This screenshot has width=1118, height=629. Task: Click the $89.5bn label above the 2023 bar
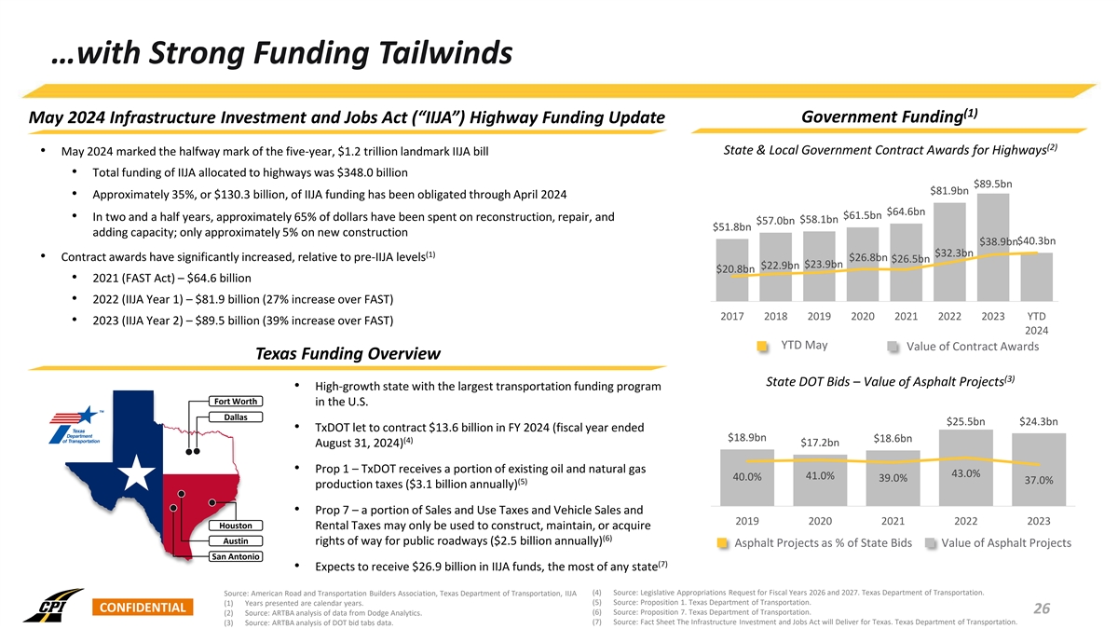click(992, 184)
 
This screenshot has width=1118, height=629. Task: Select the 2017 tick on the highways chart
click(732, 316)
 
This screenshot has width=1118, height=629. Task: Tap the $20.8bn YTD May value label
click(735, 269)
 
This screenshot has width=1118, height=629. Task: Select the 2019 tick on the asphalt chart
click(751, 520)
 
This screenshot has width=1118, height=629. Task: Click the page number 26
click(1042, 608)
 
